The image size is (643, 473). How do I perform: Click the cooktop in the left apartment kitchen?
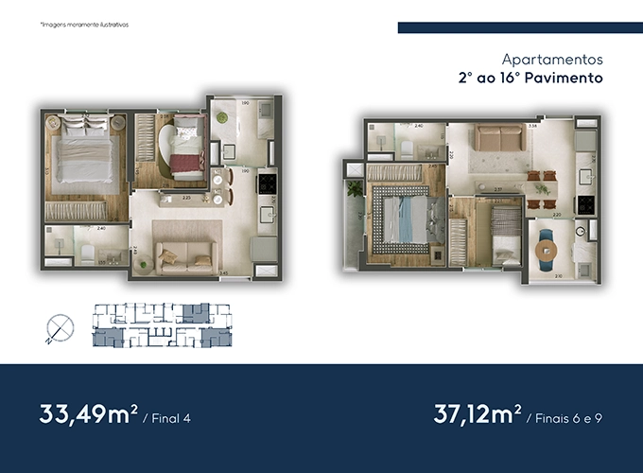coord(267,180)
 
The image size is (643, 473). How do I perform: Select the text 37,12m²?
coord(477,414)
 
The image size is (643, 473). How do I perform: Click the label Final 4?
coord(173,417)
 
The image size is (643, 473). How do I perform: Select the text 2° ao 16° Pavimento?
coord(530,79)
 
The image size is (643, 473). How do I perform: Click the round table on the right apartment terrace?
coord(547,249)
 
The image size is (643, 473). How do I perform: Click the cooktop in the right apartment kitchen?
coord(584,201)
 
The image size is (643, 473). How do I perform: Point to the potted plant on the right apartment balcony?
coord(354,188)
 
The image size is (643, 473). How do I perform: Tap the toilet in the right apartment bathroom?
coord(403,149)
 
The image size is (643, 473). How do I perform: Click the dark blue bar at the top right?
coord(513,27)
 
